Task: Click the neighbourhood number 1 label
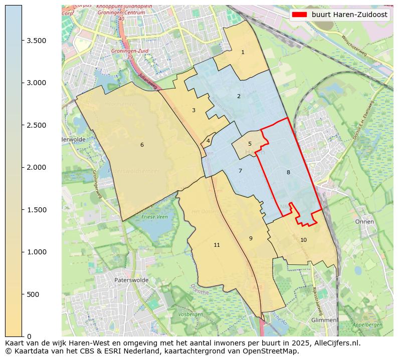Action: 243,52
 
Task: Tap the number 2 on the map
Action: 239,96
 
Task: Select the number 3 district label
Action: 193,110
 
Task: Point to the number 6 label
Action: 142,145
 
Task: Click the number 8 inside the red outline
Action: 288,172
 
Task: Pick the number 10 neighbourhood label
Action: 303,240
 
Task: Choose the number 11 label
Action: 217,245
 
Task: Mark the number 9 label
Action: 251,238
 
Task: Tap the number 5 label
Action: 250,144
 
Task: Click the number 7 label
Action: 240,171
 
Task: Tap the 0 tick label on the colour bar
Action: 29,336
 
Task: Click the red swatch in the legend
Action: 299,15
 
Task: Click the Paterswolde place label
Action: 131,280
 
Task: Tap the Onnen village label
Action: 364,221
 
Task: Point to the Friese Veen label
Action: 155,217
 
